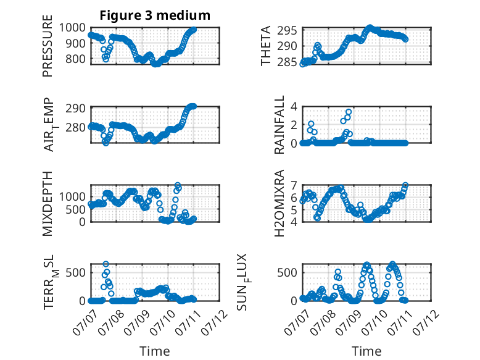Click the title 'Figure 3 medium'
click(x=155, y=15)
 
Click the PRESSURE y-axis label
click(x=48, y=46)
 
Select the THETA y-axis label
click(x=266, y=46)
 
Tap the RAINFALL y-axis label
click(x=279, y=125)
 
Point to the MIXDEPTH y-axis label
click(x=48, y=203)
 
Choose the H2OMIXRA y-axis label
click(x=279, y=203)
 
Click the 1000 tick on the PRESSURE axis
click(x=72, y=28)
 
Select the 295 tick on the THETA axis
click(x=287, y=31)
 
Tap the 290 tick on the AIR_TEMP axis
click(x=75, y=109)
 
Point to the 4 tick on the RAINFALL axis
click(x=294, y=107)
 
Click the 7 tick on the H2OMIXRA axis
click(x=294, y=186)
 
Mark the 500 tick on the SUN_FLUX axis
click(x=287, y=272)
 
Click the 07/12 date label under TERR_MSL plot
click(x=215, y=322)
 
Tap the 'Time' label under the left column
click(x=155, y=351)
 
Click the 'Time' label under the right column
click(x=366, y=351)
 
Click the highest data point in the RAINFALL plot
click(x=349, y=112)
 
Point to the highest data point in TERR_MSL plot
click(x=106, y=264)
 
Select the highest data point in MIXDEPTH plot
click(x=178, y=185)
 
